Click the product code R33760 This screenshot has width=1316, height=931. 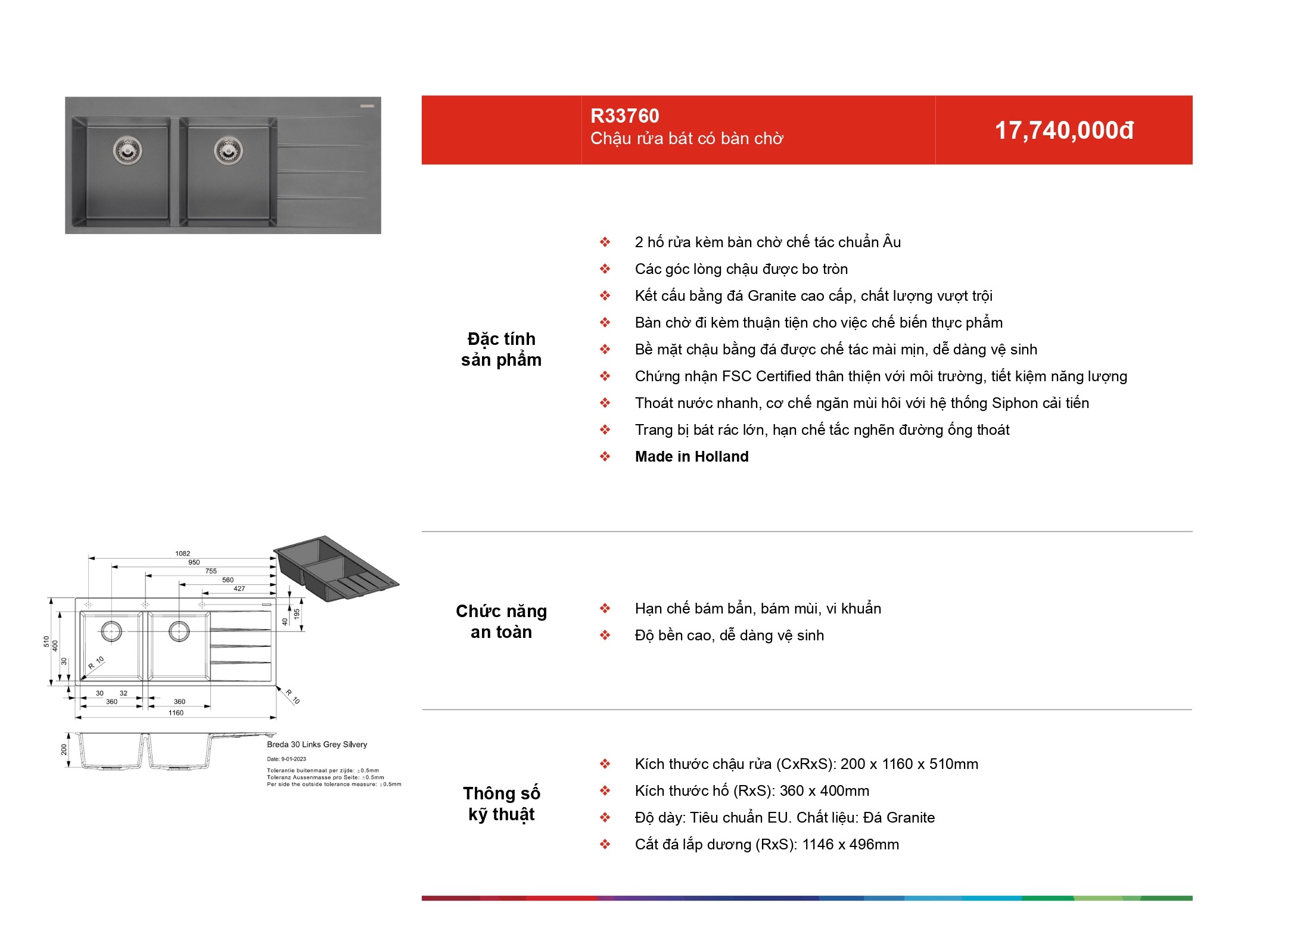624,116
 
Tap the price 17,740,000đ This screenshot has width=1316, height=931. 1064,130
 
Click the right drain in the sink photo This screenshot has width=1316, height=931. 228,150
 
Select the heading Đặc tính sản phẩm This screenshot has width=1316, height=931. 502,349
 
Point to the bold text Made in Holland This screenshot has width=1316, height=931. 692,457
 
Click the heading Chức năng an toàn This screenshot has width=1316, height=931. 502,621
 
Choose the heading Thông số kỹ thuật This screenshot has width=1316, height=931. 502,804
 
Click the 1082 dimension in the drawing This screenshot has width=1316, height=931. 183,553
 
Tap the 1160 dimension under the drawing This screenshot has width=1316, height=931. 176,712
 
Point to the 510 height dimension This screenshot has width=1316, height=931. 46,642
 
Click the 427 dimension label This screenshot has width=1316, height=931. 239,589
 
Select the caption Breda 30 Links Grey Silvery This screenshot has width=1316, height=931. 317,745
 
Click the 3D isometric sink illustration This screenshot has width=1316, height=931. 336,569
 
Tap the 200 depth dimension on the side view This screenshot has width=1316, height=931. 64,749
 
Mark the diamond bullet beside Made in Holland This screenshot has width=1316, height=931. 605,457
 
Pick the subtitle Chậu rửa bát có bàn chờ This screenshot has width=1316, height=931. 687,139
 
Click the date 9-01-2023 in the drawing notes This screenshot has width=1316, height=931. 294,759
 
